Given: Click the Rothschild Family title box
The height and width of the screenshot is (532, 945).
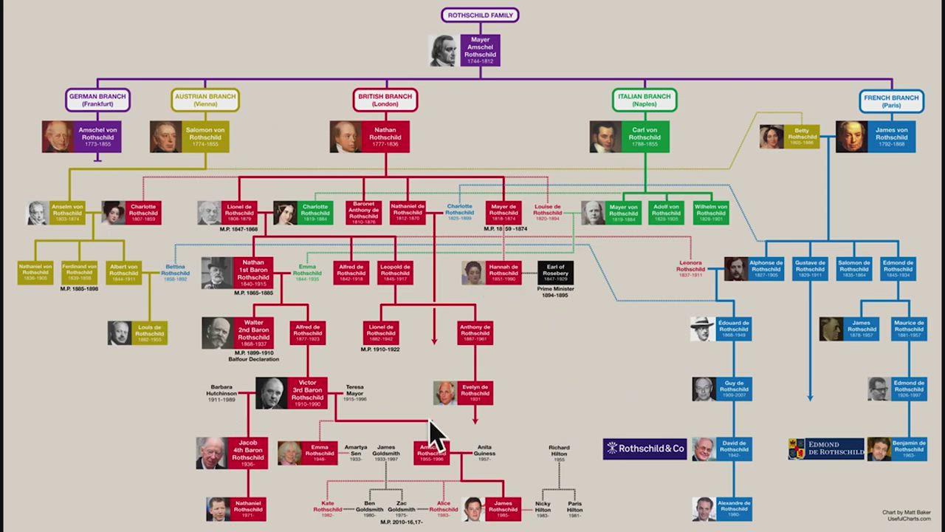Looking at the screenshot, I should [480, 15].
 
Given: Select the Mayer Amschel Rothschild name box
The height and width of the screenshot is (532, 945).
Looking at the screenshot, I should [480, 50].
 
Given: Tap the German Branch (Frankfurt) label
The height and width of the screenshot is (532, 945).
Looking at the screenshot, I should [97, 100].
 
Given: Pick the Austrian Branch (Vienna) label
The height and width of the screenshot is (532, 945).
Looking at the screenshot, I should [205, 100].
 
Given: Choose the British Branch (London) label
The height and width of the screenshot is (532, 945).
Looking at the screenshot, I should [385, 100].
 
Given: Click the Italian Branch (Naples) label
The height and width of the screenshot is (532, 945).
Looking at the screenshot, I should [645, 100].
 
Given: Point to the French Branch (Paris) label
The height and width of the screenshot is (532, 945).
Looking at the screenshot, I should [891, 100].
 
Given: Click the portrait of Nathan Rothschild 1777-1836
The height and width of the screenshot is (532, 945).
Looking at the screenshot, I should [346, 137].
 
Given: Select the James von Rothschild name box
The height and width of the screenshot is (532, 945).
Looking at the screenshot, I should [891, 137].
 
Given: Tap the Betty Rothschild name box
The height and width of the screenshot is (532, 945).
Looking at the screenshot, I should [802, 137].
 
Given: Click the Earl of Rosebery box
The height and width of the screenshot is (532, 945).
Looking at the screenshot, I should [555, 273].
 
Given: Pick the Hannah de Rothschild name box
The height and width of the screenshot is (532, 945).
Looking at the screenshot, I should [504, 273].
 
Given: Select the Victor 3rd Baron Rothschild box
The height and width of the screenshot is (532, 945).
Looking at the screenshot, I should [307, 393].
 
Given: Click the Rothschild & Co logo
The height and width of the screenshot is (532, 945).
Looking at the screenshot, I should [645, 449].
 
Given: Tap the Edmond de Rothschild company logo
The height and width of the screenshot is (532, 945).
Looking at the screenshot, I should [826, 449].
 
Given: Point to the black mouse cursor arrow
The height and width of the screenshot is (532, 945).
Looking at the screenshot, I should [437, 436].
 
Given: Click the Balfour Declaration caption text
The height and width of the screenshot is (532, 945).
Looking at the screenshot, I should [253, 359].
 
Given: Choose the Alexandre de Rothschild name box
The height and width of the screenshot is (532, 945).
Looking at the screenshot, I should [734, 508].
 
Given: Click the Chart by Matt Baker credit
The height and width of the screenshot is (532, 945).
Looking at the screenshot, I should [906, 512].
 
